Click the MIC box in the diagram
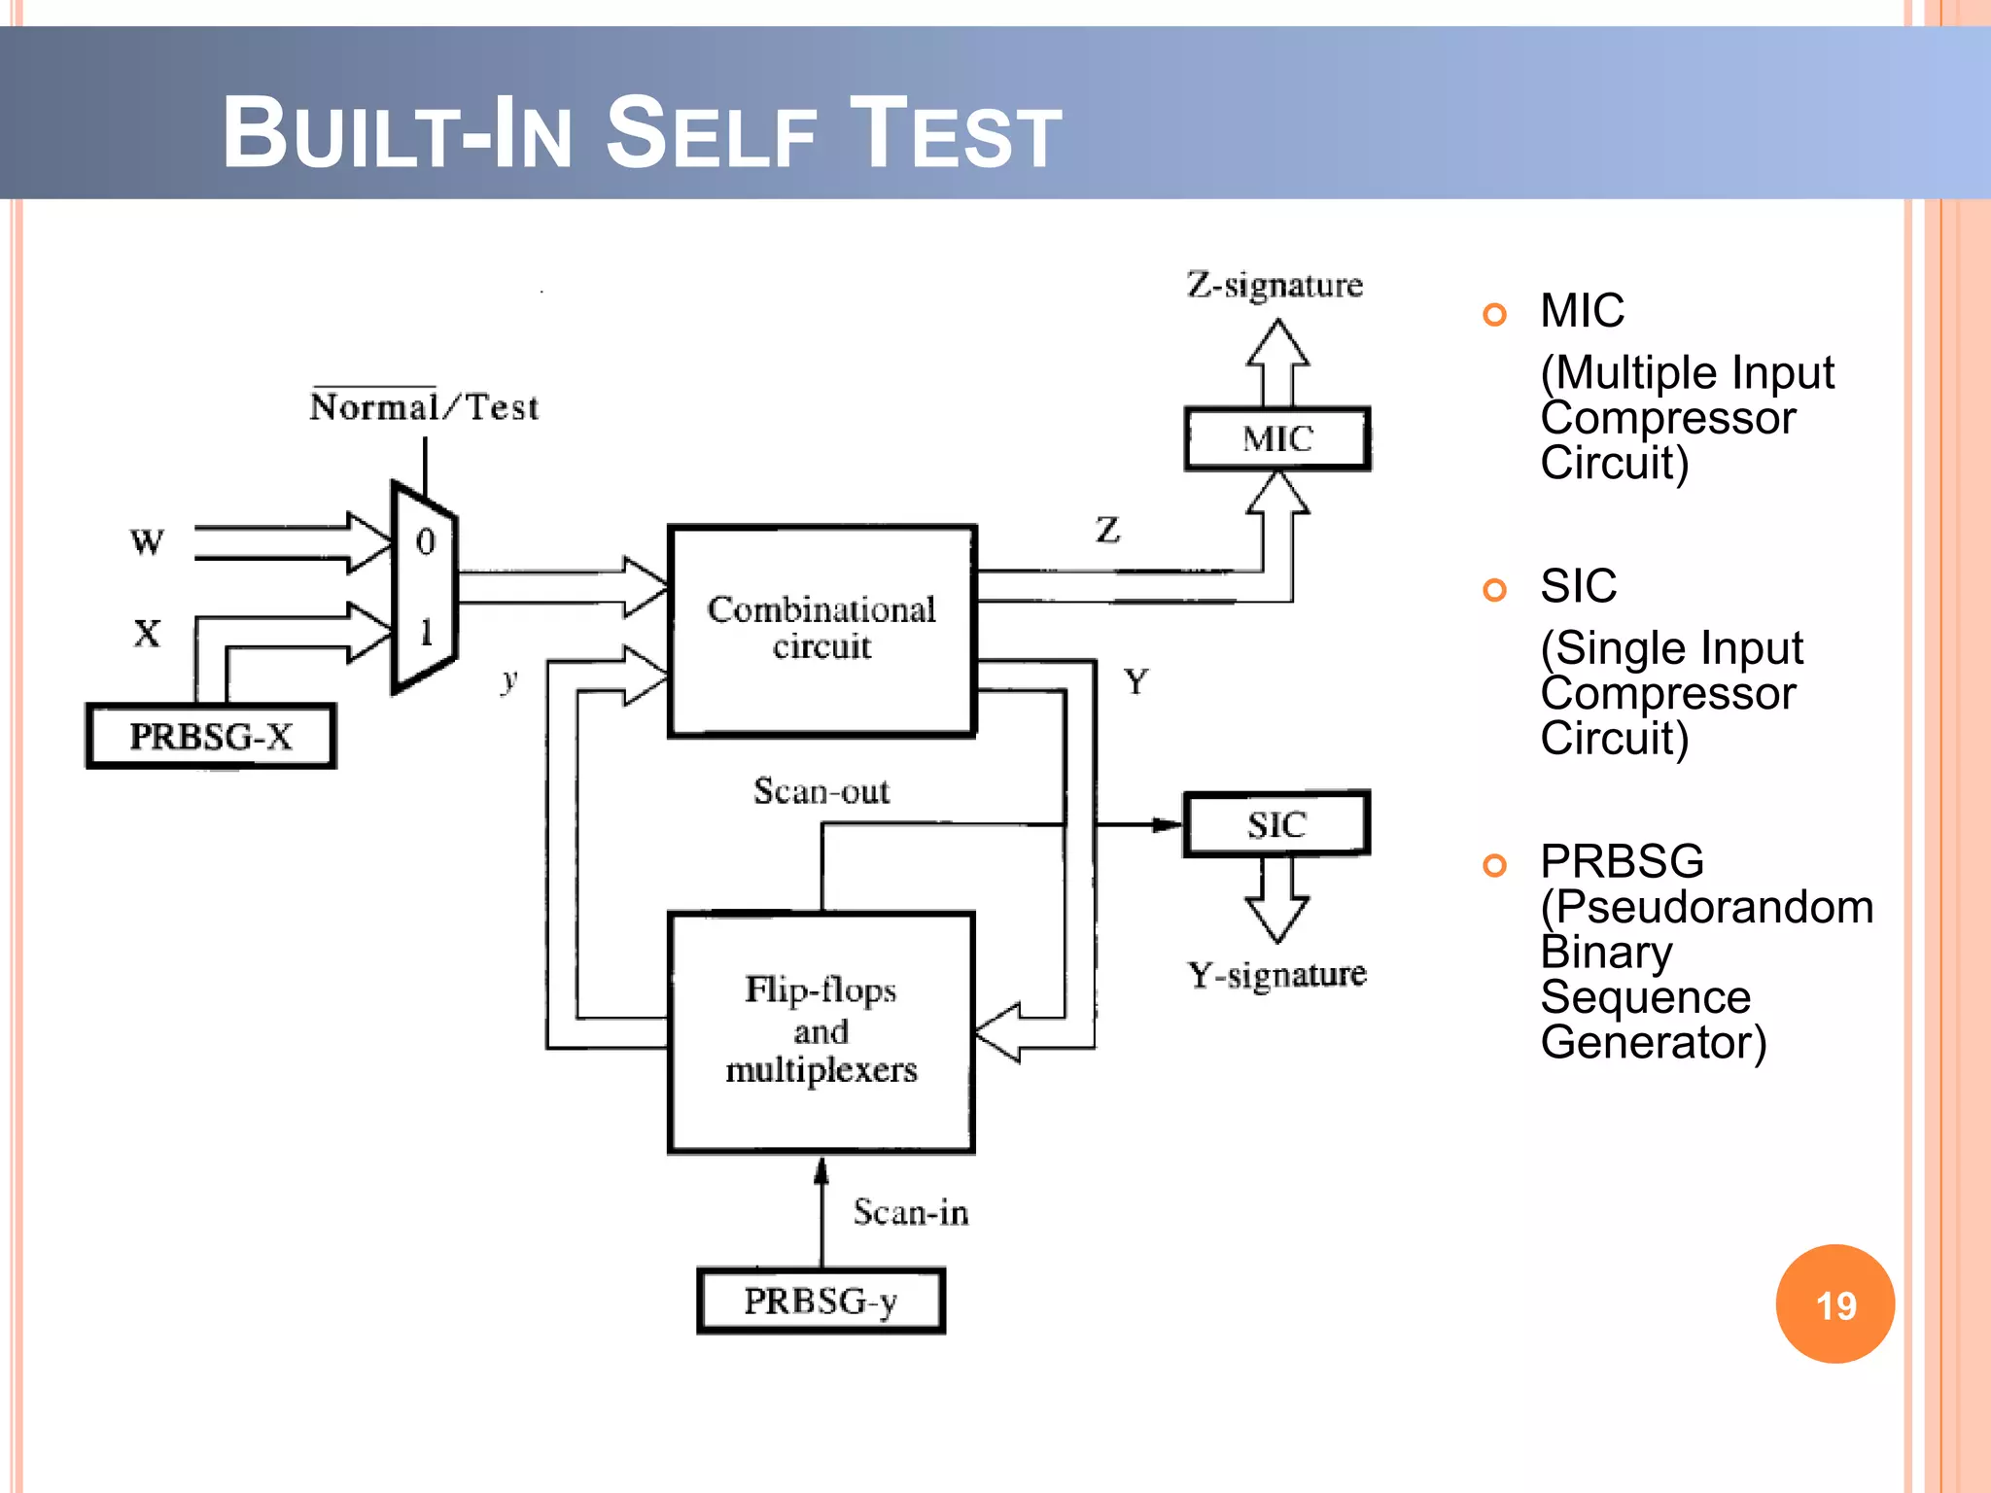pyautogui.click(x=1276, y=439)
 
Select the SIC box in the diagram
pyautogui.click(x=1276, y=824)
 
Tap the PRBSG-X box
pyautogui.click(x=211, y=737)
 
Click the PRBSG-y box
pyautogui.click(x=821, y=1301)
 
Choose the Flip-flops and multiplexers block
pyautogui.click(x=821, y=1030)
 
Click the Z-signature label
pyautogui.click(x=1275, y=286)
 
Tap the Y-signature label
pyautogui.click(x=1276, y=974)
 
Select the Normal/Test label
pyautogui.click(x=424, y=406)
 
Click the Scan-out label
pyautogui.click(x=821, y=791)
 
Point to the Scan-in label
pyautogui.click(x=911, y=1212)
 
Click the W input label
pyautogui.click(x=147, y=541)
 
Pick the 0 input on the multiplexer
pyautogui.click(x=425, y=541)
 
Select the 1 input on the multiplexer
pyautogui.click(x=425, y=632)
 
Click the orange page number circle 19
pyautogui.click(x=1834, y=1303)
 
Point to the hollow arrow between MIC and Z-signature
pyautogui.click(x=1277, y=364)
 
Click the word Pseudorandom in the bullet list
pyautogui.click(x=1707, y=907)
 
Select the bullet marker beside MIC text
pyautogui.click(x=1494, y=314)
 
